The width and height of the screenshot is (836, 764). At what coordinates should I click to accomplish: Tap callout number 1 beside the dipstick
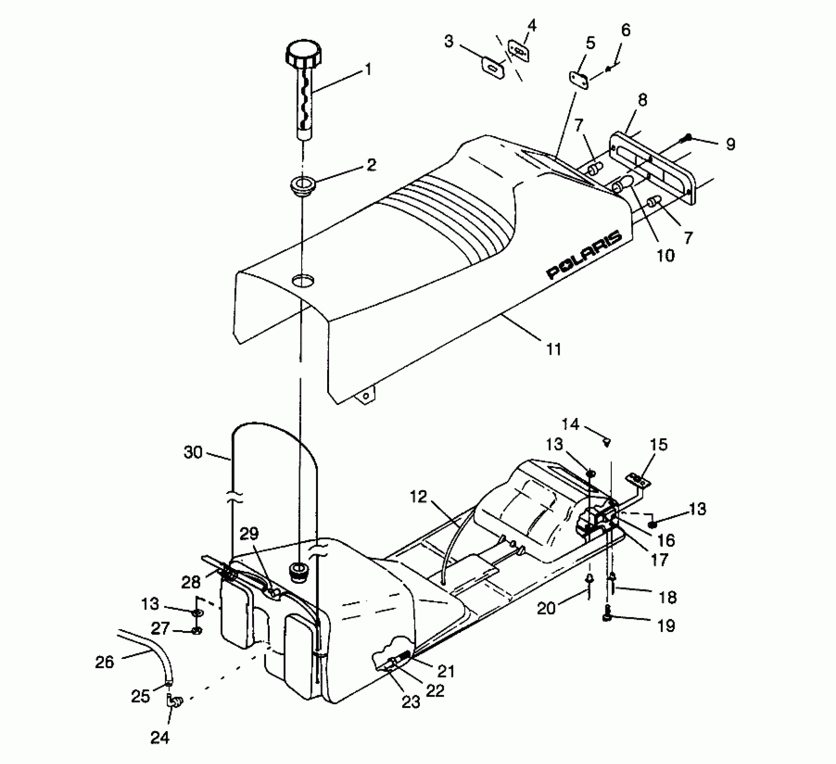point(368,70)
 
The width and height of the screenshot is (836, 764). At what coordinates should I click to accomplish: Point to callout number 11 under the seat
point(554,349)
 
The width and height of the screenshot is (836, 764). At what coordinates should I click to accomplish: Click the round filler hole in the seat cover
point(302,281)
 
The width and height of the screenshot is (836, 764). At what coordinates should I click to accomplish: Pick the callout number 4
point(532,26)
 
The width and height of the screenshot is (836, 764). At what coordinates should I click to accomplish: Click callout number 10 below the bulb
point(666,255)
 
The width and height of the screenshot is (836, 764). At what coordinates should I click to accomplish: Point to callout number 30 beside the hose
point(193,452)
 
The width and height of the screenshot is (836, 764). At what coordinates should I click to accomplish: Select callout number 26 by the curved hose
point(105,662)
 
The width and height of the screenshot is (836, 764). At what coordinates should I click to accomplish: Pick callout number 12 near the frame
point(418,497)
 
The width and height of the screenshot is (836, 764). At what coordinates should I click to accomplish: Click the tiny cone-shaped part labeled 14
point(607,443)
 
